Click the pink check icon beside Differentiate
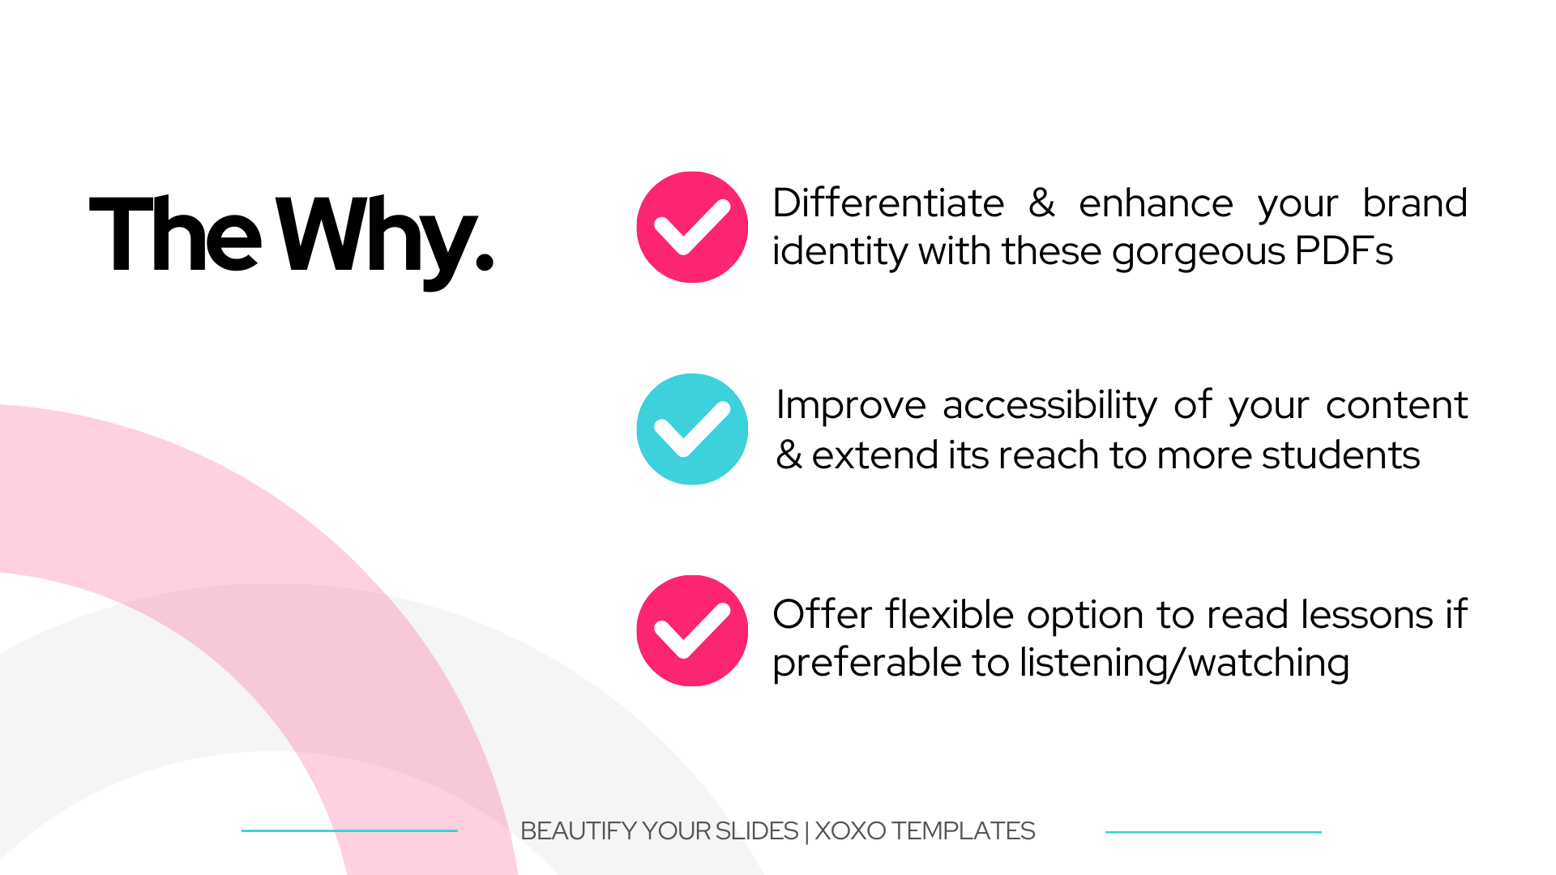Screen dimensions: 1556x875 click(x=692, y=227)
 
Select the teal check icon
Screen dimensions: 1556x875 click(x=692, y=429)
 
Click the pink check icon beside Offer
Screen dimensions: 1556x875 click(x=692, y=631)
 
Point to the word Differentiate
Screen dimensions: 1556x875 click(x=888, y=203)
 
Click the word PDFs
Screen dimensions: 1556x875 click(x=1344, y=250)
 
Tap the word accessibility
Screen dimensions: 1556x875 click(x=1050, y=406)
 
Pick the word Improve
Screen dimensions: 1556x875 click(x=851, y=406)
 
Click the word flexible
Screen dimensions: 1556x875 click(x=949, y=614)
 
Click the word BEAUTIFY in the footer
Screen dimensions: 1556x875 click(x=578, y=831)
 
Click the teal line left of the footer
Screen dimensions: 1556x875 click(x=349, y=830)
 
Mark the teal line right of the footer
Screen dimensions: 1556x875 click(x=1213, y=832)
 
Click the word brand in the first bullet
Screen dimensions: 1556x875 click(x=1415, y=203)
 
